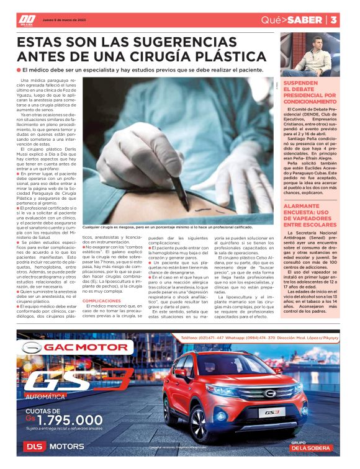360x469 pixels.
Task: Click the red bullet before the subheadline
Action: pos(20,70)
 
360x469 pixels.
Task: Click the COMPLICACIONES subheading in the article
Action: pos(102,282)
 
